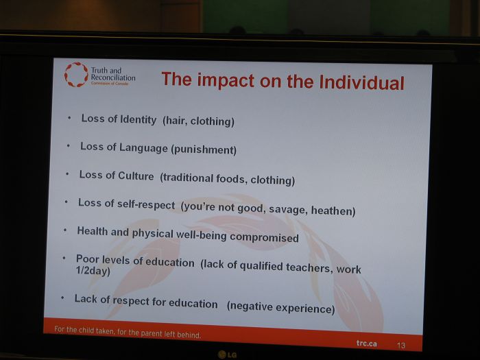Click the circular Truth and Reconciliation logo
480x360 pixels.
tap(76, 74)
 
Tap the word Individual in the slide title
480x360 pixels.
tap(361, 82)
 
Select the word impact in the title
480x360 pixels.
tap(226, 80)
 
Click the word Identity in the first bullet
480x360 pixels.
tap(138, 119)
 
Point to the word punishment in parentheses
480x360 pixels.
tap(204, 149)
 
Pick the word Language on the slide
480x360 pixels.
tap(143, 147)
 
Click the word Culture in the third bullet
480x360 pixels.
tap(136, 176)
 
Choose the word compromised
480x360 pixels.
tap(264, 237)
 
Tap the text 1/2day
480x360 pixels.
tap(93, 272)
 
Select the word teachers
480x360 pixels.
tap(309, 267)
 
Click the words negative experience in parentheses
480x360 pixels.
tap(281, 307)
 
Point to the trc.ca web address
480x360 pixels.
tap(366, 343)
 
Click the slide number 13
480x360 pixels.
tap(401, 346)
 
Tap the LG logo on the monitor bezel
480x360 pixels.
tap(228, 355)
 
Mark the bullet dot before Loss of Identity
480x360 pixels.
tap(69, 117)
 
